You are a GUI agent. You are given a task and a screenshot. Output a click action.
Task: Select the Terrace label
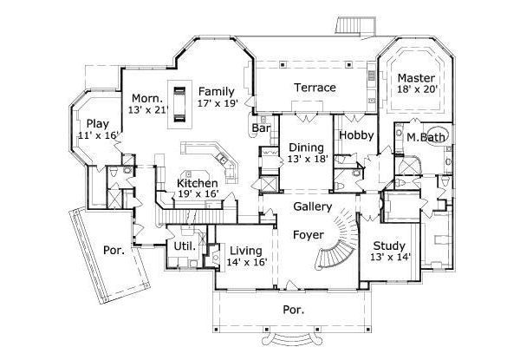(x=314, y=88)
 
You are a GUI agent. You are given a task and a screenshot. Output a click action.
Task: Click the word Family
(x=217, y=90)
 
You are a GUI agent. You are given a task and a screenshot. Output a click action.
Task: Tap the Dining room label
(x=306, y=147)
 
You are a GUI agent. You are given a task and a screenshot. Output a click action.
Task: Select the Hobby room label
(x=355, y=135)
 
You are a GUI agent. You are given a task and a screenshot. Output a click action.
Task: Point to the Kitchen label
(x=197, y=183)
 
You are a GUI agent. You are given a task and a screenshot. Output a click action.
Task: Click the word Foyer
(x=308, y=234)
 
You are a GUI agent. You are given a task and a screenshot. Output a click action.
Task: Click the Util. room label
(x=183, y=246)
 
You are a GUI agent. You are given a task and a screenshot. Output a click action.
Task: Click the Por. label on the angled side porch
(x=114, y=250)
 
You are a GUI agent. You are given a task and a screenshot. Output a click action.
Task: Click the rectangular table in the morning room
(x=180, y=102)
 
